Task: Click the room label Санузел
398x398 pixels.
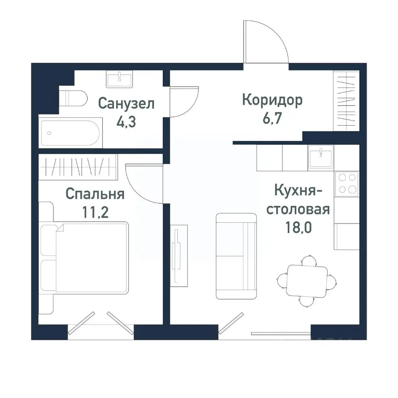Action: [126, 104]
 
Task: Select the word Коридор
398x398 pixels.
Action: [272, 100]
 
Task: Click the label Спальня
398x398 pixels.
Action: [95, 194]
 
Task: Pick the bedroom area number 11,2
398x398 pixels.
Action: [95, 212]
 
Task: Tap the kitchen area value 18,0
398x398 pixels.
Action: [298, 228]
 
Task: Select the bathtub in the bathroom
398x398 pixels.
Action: [69, 132]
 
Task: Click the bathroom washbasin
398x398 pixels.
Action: [120, 79]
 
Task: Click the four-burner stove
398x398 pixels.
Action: [347, 183]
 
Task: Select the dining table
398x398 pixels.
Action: [307, 281]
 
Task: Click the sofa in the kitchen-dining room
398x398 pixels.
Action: [236, 256]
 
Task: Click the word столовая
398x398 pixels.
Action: [298, 209]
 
